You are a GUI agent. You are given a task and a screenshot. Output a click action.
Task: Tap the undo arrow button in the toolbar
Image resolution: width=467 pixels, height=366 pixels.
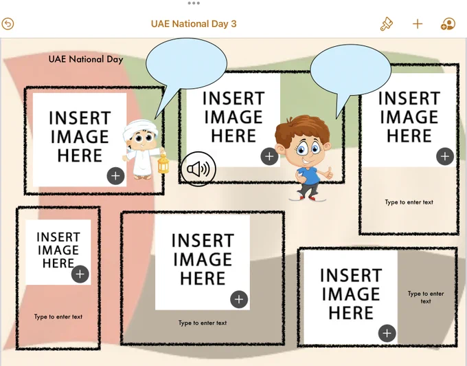[8, 24]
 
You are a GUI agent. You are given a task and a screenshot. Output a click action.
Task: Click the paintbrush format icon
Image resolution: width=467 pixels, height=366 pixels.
[386, 24]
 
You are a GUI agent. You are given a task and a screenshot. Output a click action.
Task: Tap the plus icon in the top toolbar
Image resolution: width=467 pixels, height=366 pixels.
[418, 24]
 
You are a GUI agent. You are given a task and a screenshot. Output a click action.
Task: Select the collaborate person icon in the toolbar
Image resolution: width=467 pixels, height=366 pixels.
[448, 24]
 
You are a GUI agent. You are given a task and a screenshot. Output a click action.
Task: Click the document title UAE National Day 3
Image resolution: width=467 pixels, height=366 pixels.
[194, 24]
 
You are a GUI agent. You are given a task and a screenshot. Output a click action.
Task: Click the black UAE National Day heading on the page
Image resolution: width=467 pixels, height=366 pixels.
[86, 59]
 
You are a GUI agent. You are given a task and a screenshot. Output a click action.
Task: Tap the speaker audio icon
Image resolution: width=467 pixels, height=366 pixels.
[198, 169]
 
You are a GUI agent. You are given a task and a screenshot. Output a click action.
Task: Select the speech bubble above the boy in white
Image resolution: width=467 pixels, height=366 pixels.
[186, 64]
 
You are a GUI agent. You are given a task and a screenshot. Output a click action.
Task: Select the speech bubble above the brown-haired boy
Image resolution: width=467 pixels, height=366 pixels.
[350, 71]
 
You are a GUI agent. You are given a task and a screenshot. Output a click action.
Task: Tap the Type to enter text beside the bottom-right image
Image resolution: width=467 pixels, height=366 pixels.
[426, 297]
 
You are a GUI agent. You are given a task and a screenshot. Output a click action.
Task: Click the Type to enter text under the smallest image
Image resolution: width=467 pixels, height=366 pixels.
[58, 316]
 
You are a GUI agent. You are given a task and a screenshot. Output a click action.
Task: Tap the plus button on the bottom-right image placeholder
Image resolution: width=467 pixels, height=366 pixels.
[387, 333]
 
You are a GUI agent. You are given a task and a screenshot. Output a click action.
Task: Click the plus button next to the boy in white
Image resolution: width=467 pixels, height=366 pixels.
[115, 176]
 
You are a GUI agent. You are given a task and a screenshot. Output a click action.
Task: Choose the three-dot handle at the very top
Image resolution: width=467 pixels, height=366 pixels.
[194, 3]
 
